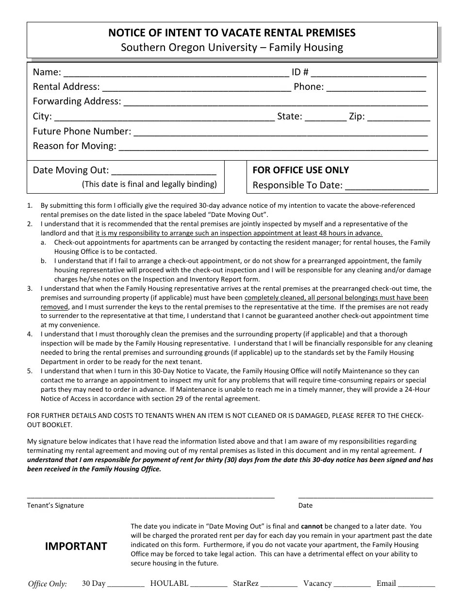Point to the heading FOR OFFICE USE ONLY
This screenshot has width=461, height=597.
[x=300, y=170]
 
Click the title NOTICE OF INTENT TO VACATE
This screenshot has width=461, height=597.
[x=231, y=33]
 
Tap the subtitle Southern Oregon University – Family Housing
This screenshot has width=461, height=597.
[x=231, y=48]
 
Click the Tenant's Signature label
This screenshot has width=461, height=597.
[x=55, y=505]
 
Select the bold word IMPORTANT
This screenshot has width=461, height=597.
[x=76, y=547]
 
